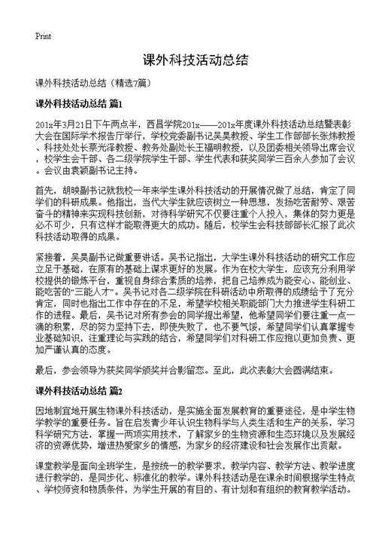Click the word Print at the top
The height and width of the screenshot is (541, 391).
pos(43,36)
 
